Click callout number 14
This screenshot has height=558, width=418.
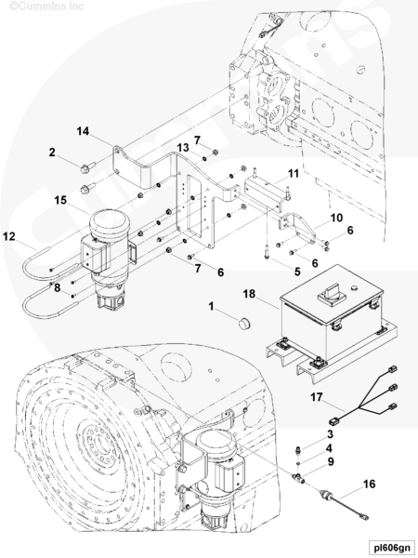(x=83, y=131)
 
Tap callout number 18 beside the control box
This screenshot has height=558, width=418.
(x=249, y=294)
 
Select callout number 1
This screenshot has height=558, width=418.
(x=211, y=306)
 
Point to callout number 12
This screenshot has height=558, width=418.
(x=9, y=236)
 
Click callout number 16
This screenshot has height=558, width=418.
(x=370, y=484)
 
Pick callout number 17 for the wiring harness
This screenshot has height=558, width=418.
(x=317, y=397)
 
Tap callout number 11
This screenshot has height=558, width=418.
(x=294, y=174)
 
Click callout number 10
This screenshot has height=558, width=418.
(x=336, y=218)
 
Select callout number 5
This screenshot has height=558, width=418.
(x=297, y=272)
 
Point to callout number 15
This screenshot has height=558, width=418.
(x=60, y=200)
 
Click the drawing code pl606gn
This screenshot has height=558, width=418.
(x=389, y=547)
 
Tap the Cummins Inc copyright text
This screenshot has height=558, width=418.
(x=46, y=7)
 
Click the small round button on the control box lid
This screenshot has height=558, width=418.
(x=353, y=287)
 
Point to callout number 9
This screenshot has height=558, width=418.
(x=331, y=462)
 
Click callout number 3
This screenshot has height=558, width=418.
(x=330, y=434)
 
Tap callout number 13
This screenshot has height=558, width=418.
(x=183, y=147)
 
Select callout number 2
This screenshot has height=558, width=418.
(x=52, y=153)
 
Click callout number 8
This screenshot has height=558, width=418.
(x=58, y=288)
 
